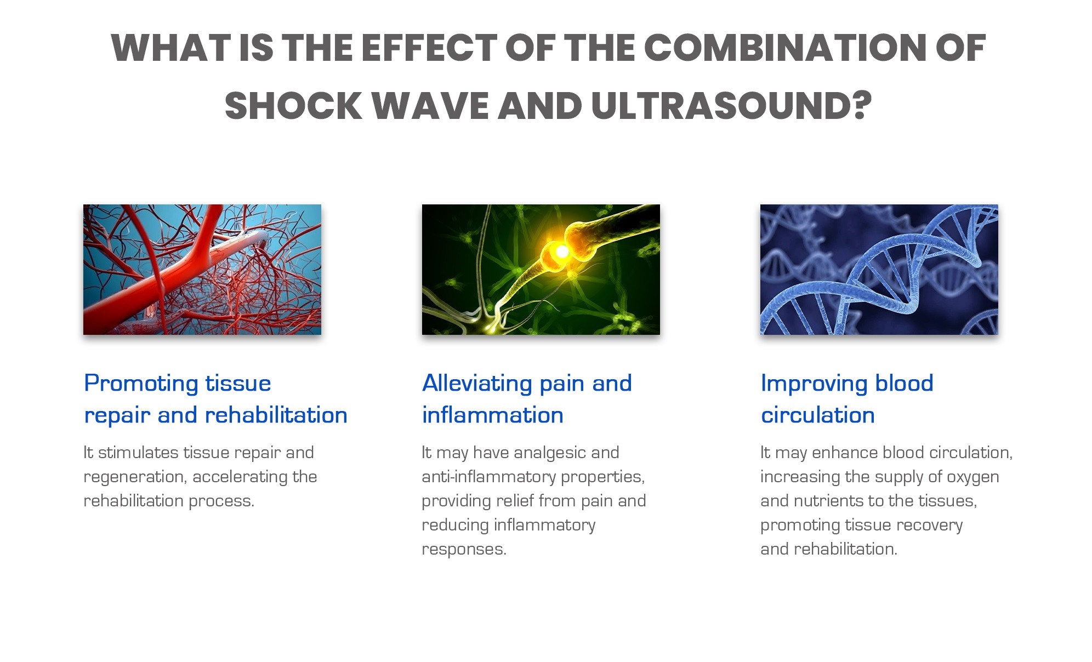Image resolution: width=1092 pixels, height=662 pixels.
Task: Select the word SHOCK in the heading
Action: pos(293,105)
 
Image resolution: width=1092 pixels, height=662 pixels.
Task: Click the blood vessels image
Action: pos(202,270)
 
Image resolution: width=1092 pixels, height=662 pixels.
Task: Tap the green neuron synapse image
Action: pos(541,270)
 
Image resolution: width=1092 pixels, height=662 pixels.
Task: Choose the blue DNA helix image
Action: pos(879,270)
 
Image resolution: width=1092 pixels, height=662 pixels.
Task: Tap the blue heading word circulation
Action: pos(818,415)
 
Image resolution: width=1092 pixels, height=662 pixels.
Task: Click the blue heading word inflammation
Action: pos(493,415)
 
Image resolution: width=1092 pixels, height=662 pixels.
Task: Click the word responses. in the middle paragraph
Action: pos(464,550)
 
